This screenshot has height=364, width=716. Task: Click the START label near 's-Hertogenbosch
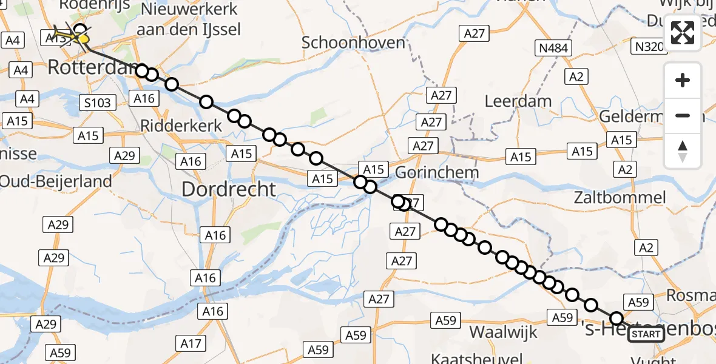point(646,334)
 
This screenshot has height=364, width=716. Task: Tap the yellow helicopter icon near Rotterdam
point(71,36)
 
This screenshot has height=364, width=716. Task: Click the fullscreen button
point(683,33)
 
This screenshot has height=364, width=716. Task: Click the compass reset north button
point(683,151)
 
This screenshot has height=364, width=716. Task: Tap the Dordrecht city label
point(229,189)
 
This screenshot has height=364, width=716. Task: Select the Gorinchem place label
point(436,172)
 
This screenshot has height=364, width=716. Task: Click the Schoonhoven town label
point(353,42)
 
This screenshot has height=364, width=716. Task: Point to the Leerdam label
point(518,101)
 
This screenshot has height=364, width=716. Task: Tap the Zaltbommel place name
point(620,198)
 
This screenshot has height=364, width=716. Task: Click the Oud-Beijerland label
point(56,181)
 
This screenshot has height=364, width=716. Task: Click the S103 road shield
point(97,103)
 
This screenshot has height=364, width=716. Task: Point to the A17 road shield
point(191,344)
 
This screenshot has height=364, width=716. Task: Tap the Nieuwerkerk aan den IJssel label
point(189,19)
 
